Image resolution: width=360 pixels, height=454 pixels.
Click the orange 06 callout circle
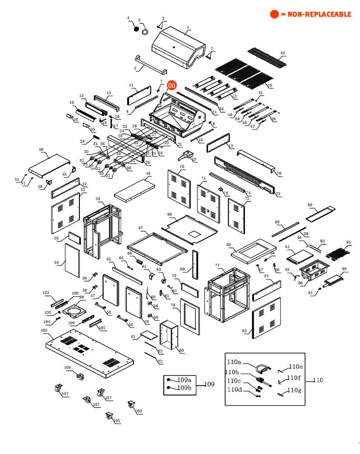(172, 85)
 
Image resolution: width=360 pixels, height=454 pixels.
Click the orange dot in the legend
(274, 14)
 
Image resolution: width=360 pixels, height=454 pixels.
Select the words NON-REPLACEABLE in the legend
(319, 14)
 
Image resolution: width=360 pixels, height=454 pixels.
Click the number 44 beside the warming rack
(283, 53)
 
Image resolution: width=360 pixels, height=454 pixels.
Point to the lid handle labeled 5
(149, 65)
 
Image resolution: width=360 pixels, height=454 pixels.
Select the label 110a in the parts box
(234, 362)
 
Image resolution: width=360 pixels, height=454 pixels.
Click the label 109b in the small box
(184, 388)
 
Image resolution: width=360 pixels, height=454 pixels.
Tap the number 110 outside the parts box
(318, 380)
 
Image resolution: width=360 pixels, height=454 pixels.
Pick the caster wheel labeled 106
(79, 377)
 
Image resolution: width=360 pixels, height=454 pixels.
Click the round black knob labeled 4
(134, 28)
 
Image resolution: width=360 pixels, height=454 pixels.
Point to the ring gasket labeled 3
(145, 32)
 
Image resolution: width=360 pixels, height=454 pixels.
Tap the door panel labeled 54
(72, 260)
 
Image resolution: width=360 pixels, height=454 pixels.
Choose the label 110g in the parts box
(295, 390)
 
